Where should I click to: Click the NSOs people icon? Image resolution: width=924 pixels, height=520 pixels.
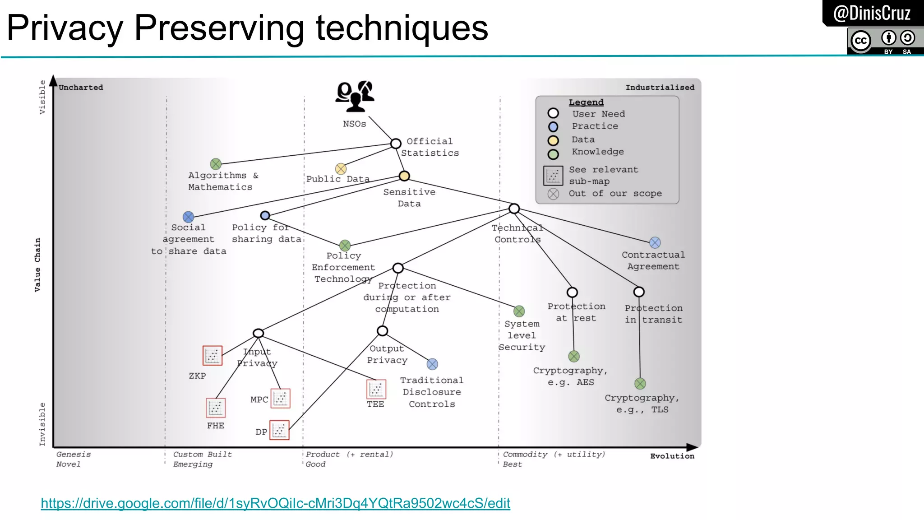355,96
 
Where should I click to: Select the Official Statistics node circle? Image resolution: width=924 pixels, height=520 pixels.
396,144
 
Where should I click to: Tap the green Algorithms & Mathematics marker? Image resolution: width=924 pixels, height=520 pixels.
216,164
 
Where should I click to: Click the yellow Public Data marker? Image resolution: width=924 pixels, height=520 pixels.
341,169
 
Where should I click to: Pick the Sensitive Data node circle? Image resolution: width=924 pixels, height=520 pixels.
404,176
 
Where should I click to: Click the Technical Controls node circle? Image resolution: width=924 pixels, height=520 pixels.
514,209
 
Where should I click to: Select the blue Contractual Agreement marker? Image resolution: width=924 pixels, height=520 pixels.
655,242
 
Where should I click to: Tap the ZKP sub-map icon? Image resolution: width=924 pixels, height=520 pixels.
213,356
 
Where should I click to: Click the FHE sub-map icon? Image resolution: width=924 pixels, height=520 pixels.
216,408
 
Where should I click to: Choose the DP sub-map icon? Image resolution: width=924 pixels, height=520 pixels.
279,430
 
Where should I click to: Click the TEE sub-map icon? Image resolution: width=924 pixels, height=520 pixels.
376,389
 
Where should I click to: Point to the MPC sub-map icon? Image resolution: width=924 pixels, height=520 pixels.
280,399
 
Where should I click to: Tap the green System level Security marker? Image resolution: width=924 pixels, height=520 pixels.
519,311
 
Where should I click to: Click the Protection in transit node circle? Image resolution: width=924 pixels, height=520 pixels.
639,292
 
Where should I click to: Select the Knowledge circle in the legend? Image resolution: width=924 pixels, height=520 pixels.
553,154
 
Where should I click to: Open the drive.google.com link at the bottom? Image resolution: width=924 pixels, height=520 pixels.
275,503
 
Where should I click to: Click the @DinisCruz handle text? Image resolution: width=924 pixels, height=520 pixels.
872,13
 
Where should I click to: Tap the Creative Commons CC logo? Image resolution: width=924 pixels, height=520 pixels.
861,41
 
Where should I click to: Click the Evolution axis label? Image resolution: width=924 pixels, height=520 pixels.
672,456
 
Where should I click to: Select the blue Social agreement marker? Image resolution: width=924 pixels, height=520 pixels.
189,217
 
